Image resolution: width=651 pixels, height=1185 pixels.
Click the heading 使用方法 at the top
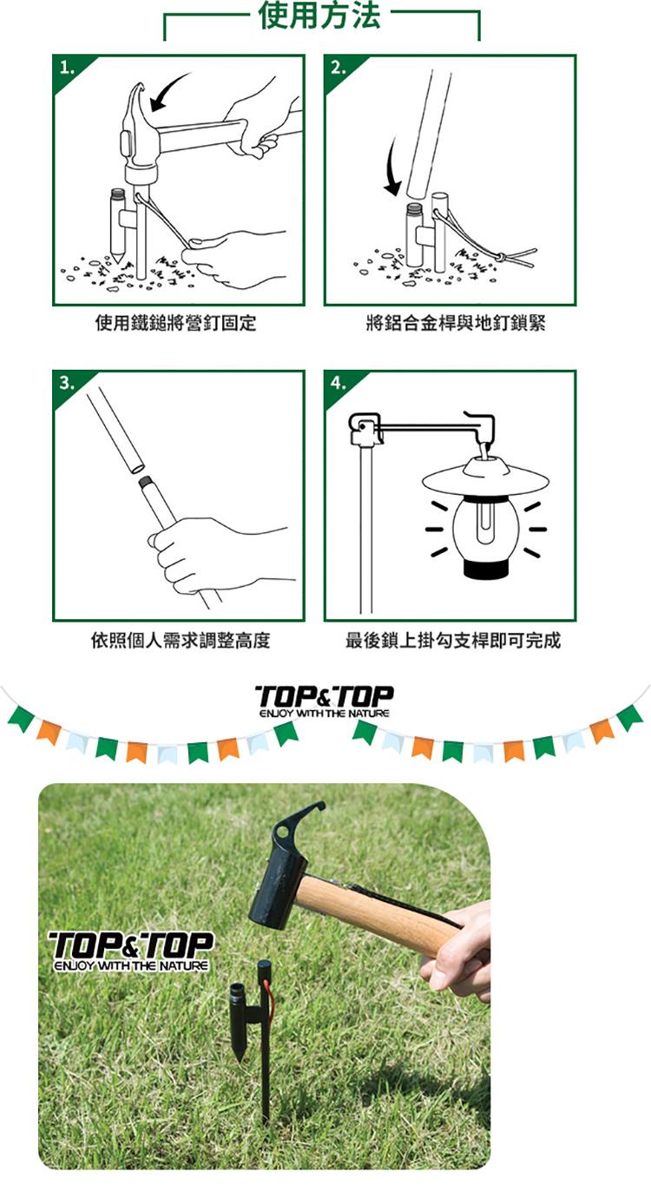click(319, 15)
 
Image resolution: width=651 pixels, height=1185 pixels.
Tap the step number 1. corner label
click(67, 69)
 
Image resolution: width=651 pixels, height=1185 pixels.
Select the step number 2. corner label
click(339, 69)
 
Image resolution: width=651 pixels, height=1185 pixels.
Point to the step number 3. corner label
click(67, 383)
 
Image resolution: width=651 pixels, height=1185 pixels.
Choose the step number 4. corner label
click(339, 383)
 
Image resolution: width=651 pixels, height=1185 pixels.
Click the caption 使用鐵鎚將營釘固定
click(175, 323)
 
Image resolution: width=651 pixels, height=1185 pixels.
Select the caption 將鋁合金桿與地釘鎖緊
click(456, 323)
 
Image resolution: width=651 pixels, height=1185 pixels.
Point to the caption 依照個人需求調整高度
click(181, 640)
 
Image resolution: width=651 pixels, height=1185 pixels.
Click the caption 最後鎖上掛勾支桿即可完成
click(453, 640)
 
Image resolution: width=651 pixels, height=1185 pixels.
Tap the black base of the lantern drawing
click(486, 569)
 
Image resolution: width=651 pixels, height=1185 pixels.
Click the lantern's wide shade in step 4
click(486, 479)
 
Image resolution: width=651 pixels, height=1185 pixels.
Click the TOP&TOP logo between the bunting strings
click(324, 701)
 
